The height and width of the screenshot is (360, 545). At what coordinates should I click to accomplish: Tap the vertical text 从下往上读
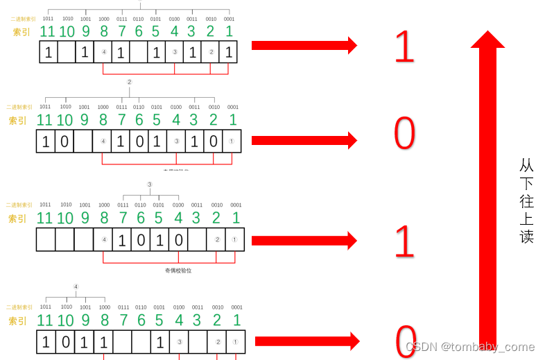pos(527,200)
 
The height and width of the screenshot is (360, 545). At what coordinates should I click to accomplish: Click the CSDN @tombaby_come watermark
pos(469,347)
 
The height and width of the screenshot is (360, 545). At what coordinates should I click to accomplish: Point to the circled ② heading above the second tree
pos(129,82)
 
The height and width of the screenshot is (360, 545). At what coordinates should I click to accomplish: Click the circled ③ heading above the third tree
pos(149,185)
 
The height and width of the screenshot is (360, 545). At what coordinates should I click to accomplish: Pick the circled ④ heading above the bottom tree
pos(76,286)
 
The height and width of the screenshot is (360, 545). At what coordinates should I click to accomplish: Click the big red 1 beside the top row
pos(404,46)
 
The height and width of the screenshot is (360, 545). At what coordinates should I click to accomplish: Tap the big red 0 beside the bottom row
pos(406,341)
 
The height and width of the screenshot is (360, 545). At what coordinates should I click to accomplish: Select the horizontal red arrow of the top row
pos(304,45)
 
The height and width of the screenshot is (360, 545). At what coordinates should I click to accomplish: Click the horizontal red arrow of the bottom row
pos(307,341)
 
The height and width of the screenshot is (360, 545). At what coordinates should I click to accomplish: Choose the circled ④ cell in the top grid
pos(103,52)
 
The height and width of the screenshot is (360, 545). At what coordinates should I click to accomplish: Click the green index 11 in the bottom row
pos(45,320)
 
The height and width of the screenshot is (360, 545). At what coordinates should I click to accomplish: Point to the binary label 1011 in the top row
pos(47,19)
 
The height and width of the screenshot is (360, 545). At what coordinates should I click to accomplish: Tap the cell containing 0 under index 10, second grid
pos(64,142)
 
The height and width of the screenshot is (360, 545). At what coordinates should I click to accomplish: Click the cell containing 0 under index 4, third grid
pos(178,241)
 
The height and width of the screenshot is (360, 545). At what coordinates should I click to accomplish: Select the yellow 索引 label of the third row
pos(17,219)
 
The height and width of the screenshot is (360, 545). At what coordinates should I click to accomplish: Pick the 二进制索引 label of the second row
pos(19,107)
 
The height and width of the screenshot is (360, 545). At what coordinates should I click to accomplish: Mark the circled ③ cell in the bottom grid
pos(179,342)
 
